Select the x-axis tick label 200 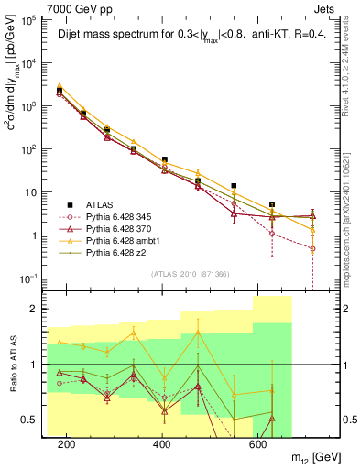pos(66,443)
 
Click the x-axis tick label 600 pos(257,443)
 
